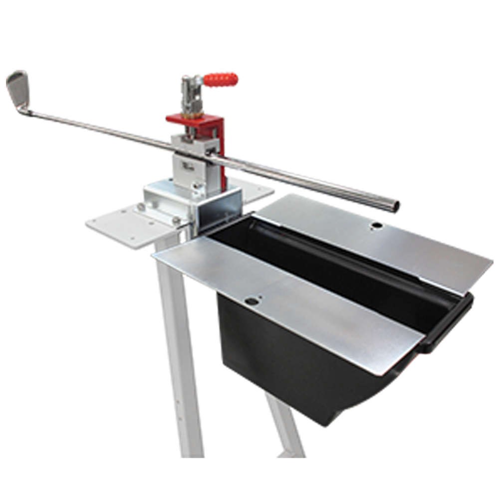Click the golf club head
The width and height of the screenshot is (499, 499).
[17, 87]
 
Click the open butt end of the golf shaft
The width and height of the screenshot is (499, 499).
[395, 205]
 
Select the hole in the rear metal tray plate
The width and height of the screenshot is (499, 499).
[377, 226]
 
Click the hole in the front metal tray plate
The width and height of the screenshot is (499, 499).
[250, 300]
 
